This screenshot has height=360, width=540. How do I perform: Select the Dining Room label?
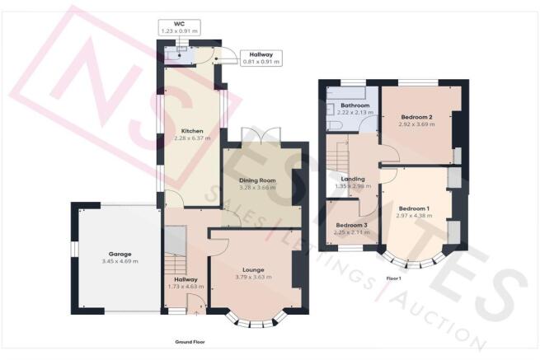[x=256, y=180]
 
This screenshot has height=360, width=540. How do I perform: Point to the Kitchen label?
[x=192, y=131]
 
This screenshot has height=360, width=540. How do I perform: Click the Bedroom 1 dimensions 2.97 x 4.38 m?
[x=414, y=216]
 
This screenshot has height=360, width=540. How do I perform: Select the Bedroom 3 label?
[x=352, y=225]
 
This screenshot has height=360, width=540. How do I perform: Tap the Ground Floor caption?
[x=190, y=341]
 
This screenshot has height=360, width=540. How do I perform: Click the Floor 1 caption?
[x=393, y=278]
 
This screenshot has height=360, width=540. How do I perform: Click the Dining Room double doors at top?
[x=252, y=136]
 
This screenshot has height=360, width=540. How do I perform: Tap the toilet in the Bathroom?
[x=335, y=124]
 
